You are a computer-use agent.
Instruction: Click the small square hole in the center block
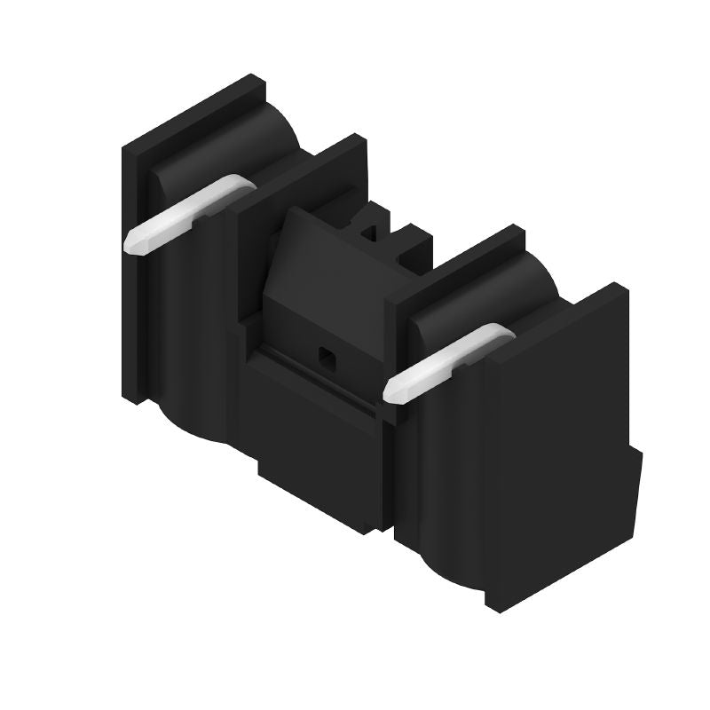point(326,358)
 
